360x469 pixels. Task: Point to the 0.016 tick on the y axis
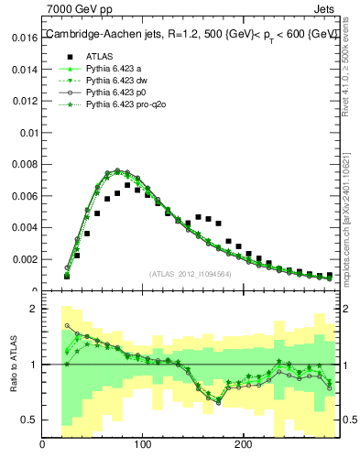point(26,38)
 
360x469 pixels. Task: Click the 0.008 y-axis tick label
point(26,165)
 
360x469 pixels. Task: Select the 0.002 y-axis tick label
point(26,259)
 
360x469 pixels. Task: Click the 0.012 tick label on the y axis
point(26,102)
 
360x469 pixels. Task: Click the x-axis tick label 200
point(243,445)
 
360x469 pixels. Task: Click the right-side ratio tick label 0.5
point(349,420)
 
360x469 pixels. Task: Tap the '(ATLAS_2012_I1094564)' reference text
point(190,273)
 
